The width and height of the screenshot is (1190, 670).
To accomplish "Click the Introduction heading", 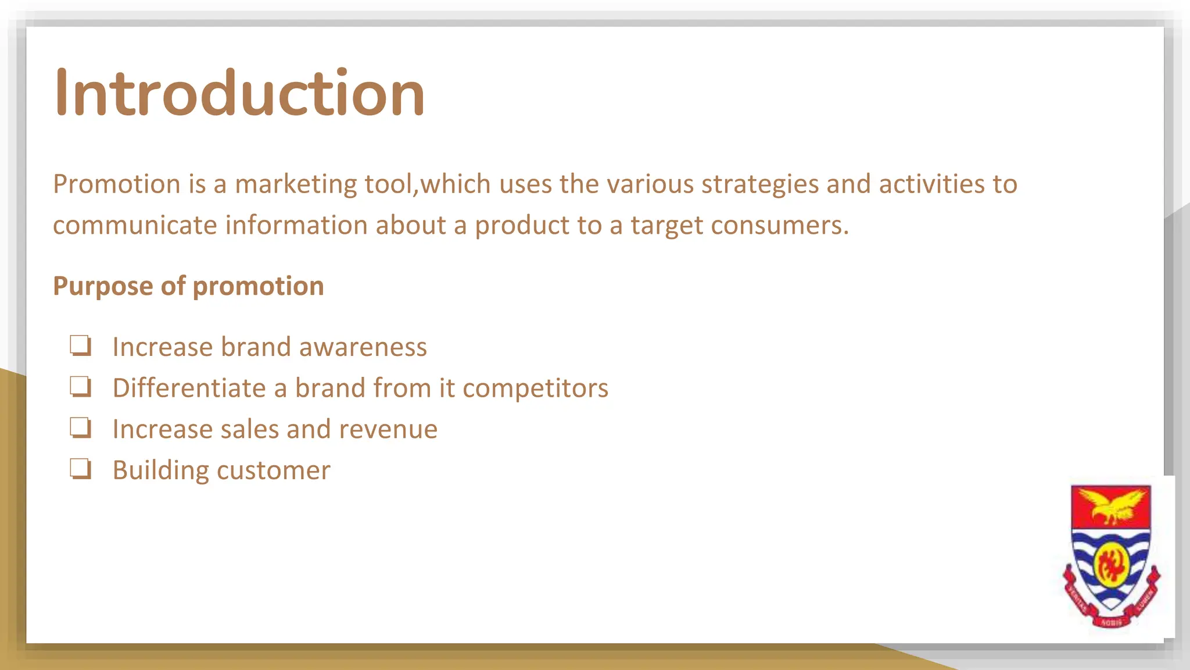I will pos(239,93).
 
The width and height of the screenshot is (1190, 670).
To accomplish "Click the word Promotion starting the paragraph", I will pos(117,184).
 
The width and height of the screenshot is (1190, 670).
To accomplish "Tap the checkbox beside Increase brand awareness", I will pos(80,345).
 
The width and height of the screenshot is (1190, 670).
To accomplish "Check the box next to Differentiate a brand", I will pos(80,387).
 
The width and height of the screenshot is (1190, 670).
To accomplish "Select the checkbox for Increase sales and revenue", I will pos(80,428).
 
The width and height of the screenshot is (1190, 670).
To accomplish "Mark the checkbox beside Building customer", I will pos(80,469).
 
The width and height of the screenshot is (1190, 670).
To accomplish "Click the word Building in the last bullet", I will pos(160,471).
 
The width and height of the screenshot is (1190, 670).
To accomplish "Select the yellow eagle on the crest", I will pos(1111,505).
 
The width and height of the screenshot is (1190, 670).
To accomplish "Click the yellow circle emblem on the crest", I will pos(1111,563).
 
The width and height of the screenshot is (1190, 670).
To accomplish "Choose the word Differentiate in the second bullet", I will pos(189,389).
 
